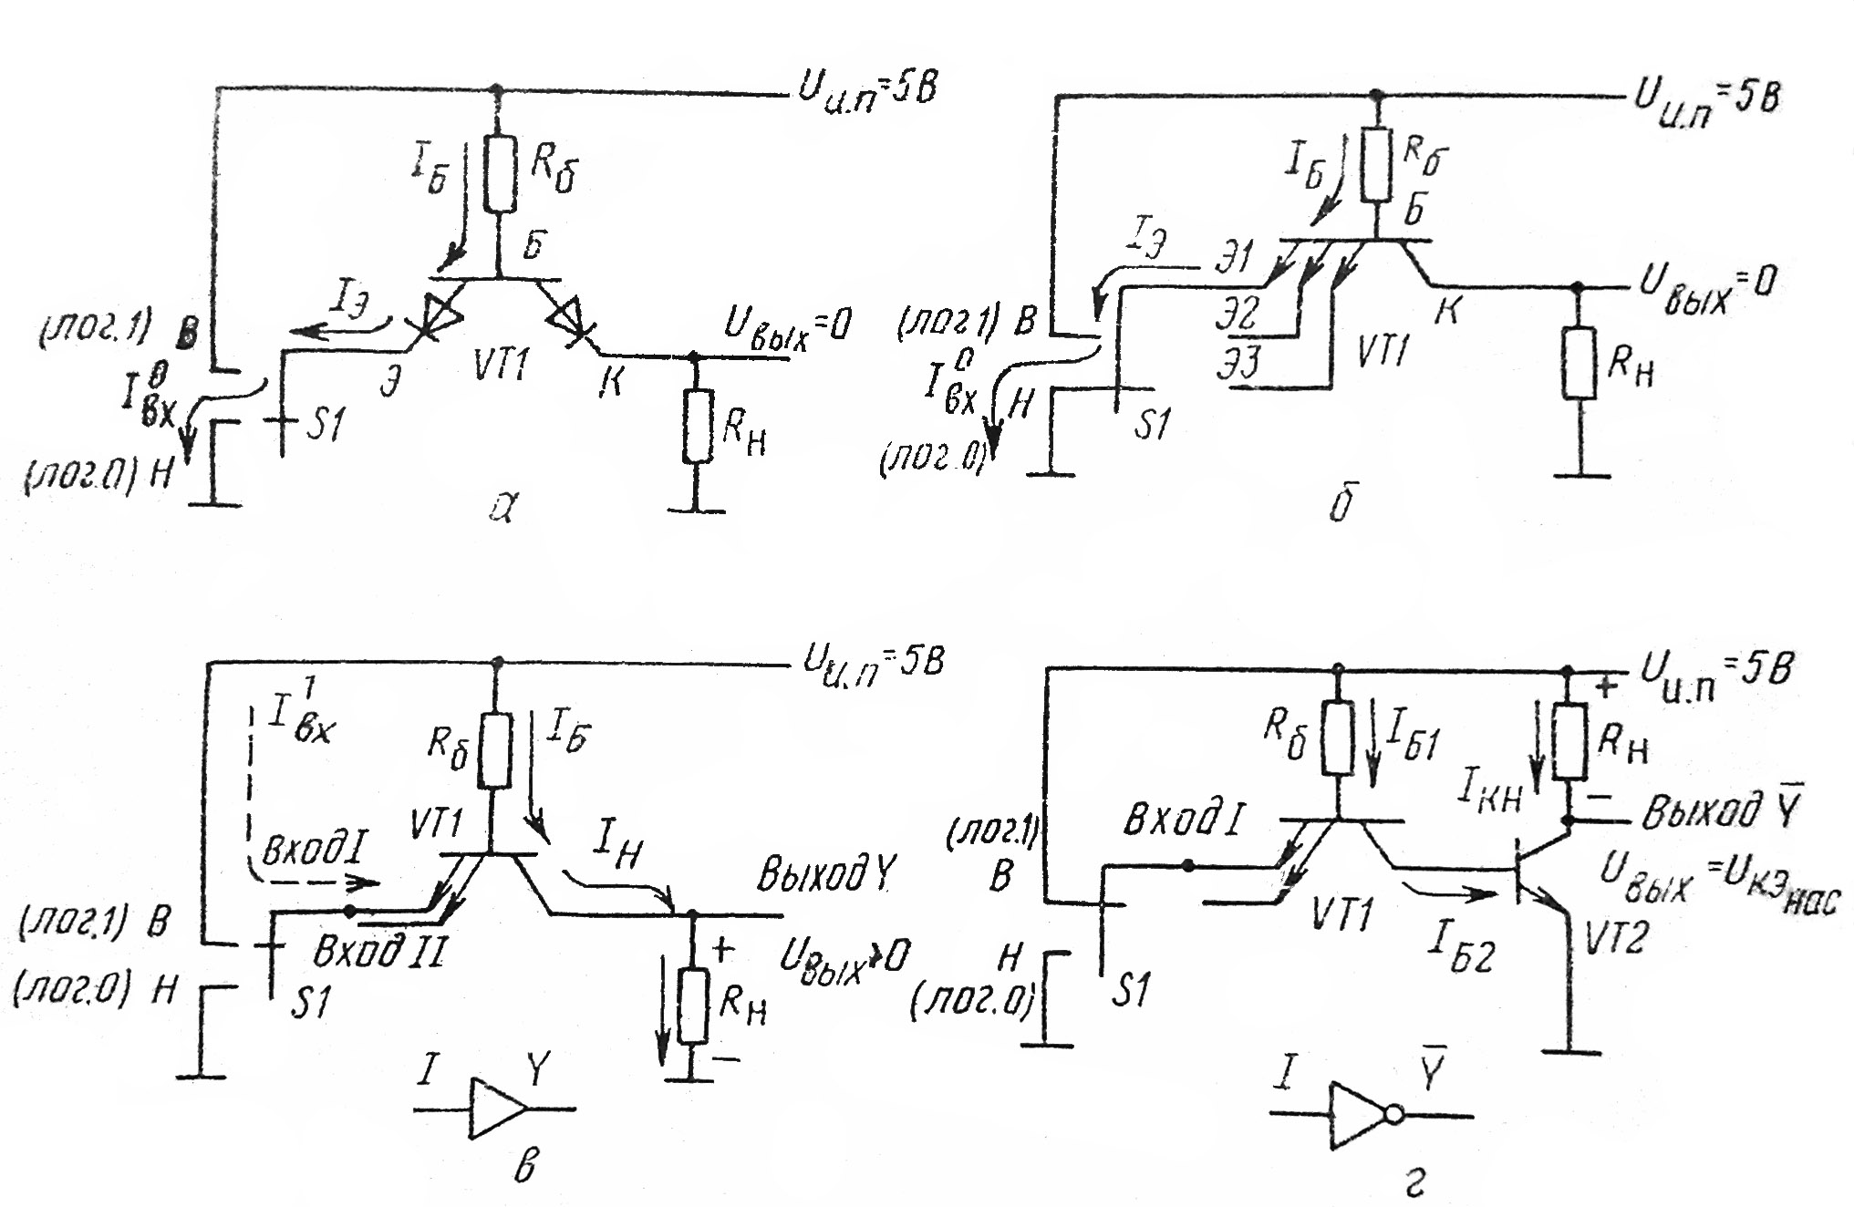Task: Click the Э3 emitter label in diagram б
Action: pos(1239,363)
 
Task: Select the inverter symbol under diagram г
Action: pos(1360,1114)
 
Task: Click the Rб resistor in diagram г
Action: pos(1337,736)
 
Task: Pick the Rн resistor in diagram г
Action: pos(1569,741)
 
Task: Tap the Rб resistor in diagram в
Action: pos(495,749)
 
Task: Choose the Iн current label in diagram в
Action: pos(617,850)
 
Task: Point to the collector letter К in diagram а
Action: pos(610,381)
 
